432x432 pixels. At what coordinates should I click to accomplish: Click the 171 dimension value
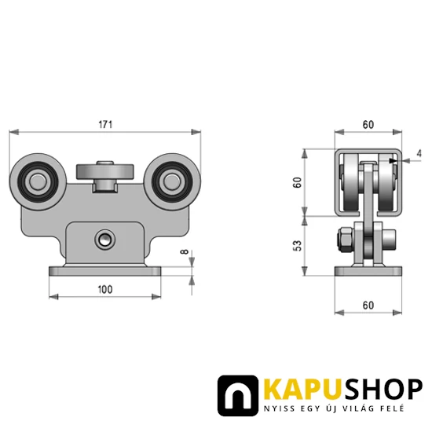point(105,125)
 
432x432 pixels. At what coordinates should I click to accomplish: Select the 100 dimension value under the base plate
point(105,290)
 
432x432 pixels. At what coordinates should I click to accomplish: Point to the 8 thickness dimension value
point(185,251)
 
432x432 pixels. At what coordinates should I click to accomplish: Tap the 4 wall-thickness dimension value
point(419,153)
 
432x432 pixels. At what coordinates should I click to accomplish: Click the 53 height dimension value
point(297,246)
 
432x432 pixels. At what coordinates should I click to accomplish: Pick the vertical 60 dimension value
point(297,182)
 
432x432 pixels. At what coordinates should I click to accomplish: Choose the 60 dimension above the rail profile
point(368,125)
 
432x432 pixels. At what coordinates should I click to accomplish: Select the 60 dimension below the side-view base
point(368,306)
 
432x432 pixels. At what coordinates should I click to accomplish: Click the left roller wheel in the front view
point(38,182)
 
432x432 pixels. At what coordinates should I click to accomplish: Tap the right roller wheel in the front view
point(172,182)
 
